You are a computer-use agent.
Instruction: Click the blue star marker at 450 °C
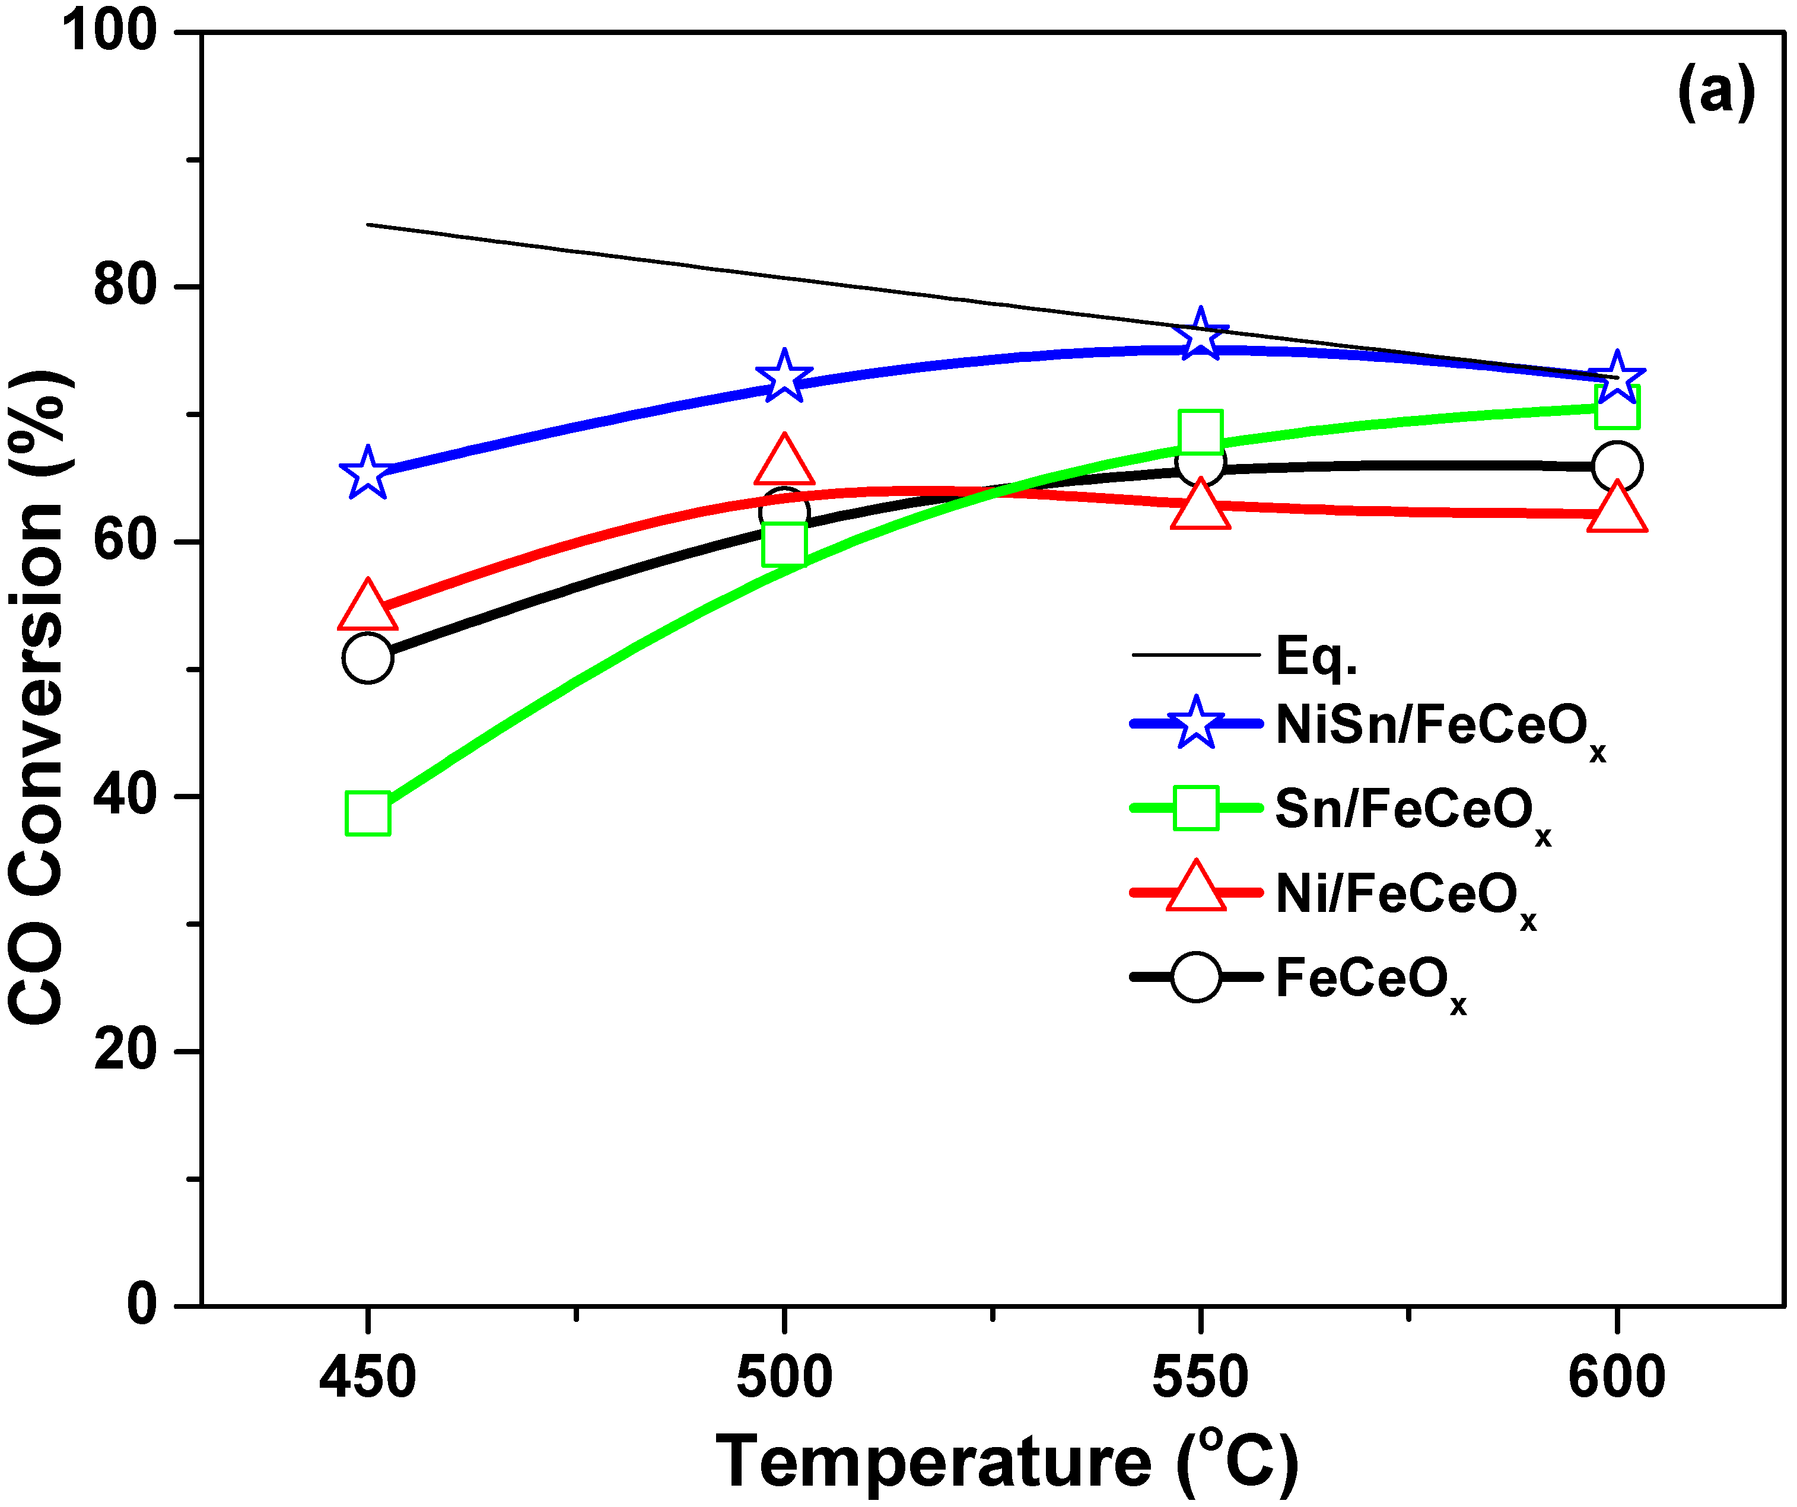368,473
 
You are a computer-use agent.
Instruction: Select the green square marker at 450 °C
368,812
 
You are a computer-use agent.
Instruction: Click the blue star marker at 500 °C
784,377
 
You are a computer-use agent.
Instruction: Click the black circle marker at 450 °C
368,658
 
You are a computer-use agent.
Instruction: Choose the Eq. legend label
1316,656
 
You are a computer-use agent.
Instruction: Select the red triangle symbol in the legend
1195,890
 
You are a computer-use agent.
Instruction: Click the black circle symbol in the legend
1195,977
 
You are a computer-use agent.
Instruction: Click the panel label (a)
1716,93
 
